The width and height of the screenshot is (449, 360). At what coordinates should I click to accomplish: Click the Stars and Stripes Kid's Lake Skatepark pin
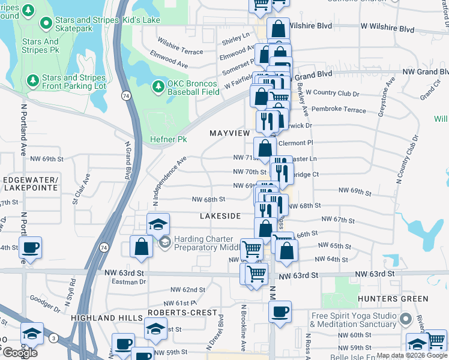(45, 23)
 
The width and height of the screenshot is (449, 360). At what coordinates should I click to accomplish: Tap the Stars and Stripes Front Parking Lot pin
(32, 79)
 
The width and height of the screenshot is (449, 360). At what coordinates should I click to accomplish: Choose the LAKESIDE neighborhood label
(220, 215)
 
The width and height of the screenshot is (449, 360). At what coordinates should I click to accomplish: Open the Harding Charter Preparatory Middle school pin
(164, 243)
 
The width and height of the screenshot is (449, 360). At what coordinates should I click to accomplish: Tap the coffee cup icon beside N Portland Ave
(30, 248)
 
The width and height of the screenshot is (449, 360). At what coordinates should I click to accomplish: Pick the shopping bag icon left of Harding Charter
(141, 247)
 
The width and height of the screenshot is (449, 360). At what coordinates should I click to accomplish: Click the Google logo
(20, 353)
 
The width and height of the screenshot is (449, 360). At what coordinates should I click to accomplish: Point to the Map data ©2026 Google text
(412, 355)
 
